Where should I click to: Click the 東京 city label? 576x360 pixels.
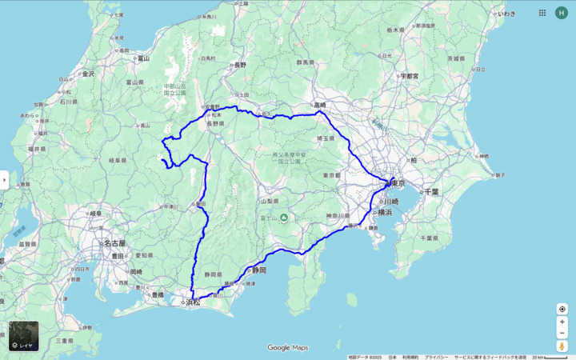pos(397,183)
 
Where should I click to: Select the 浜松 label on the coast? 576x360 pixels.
pos(193,302)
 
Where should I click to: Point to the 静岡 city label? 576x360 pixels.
pos(257,270)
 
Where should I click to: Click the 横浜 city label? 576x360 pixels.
pos(385,213)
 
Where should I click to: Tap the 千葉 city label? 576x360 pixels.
pos(431,192)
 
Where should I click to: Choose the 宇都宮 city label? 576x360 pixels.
pos(410,76)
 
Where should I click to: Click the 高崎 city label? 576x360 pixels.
pos(320,105)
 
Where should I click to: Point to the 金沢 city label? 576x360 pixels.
pos(86,74)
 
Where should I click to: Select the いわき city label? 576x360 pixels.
pos(506,14)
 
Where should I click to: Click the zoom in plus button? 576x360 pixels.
pos(562,322)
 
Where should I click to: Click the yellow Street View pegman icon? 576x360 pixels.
pos(562,346)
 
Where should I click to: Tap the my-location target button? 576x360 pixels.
pos(562,309)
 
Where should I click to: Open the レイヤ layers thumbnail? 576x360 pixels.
pos(23,336)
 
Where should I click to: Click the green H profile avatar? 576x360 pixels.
pos(561,13)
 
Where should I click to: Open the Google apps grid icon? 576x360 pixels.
pos(542,13)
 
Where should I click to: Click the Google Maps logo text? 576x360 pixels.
pos(288,348)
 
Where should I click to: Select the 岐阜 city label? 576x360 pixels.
pos(95,214)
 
